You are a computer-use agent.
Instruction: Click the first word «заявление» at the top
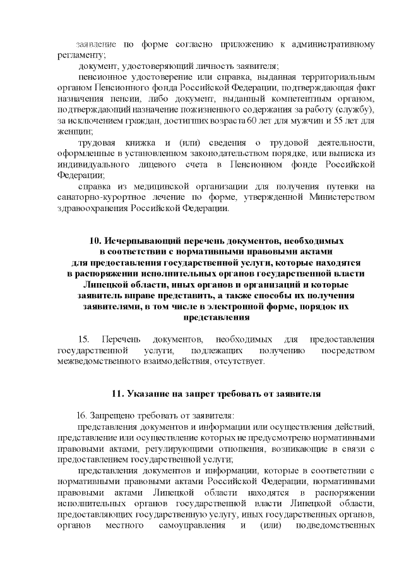coord(96,45)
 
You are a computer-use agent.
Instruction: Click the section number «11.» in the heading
coord(117,394)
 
